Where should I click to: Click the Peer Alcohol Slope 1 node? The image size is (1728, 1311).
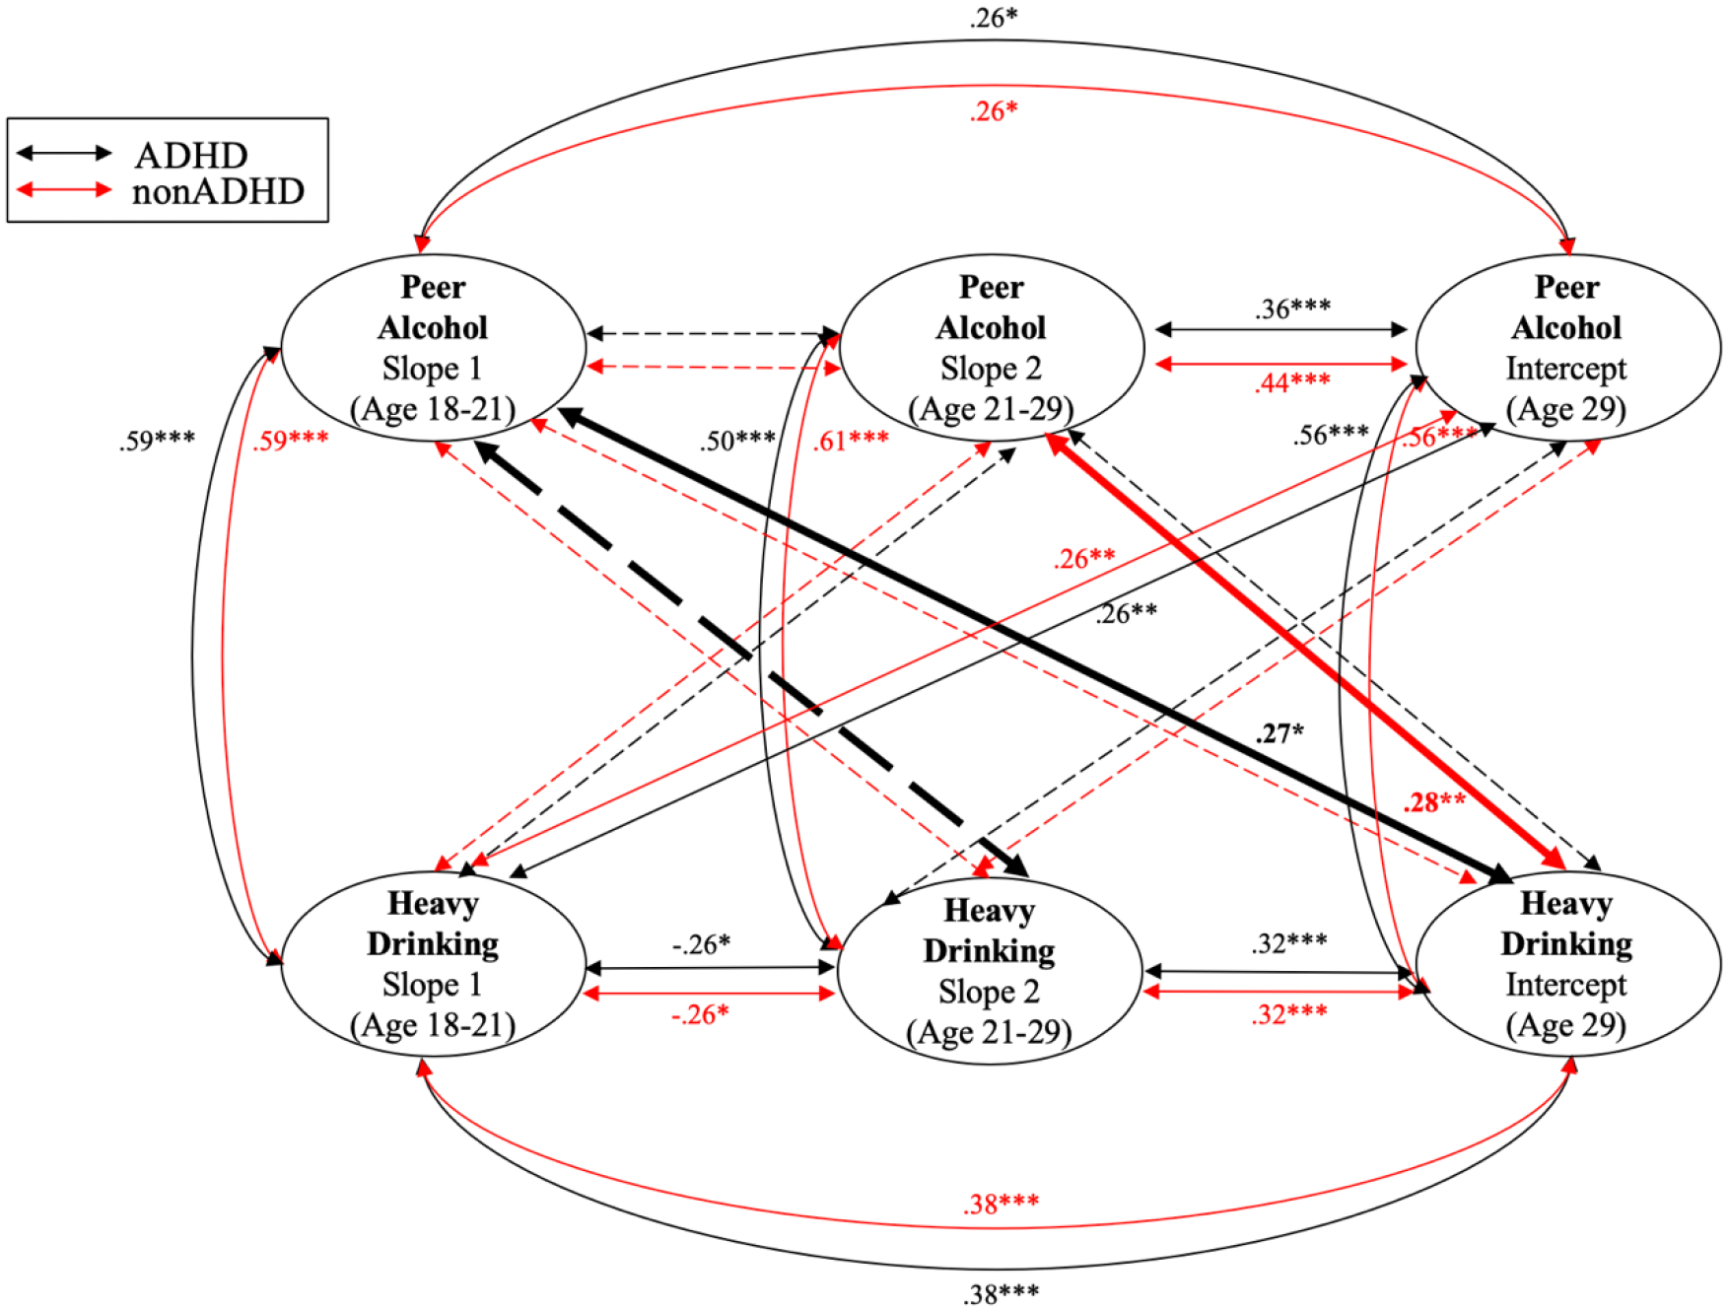click(433, 347)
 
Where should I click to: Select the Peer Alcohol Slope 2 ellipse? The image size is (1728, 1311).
click(991, 347)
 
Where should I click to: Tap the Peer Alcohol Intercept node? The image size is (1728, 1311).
click(1566, 347)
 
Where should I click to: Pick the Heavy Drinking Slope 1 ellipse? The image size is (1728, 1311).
click(433, 963)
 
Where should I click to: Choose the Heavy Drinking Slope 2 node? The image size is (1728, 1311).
click(989, 970)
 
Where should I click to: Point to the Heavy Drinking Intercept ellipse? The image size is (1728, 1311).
click(1566, 963)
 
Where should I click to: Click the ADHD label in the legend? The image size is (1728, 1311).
click(191, 155)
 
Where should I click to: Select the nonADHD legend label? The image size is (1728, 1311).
click(218, 191)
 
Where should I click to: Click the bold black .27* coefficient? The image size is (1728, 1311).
click(1279, 733)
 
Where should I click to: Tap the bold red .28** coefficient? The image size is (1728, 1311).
click(1433, 801)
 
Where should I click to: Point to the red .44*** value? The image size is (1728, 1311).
click(1292, 382)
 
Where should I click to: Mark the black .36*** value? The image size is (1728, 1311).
click(1292, 309)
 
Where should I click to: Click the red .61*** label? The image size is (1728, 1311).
click(850, 440)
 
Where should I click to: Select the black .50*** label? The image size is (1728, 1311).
click(737, 440)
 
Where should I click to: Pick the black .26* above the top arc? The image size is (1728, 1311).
click(993, 18)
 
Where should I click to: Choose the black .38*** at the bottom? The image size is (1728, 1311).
click(1001, 1293)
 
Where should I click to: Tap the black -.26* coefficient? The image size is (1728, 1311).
click(701, 944)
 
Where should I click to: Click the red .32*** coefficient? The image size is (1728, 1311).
click(1289, 1013)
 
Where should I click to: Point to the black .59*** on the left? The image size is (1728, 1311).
click(157, 440)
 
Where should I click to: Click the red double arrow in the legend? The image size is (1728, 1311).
click(64, 189)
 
